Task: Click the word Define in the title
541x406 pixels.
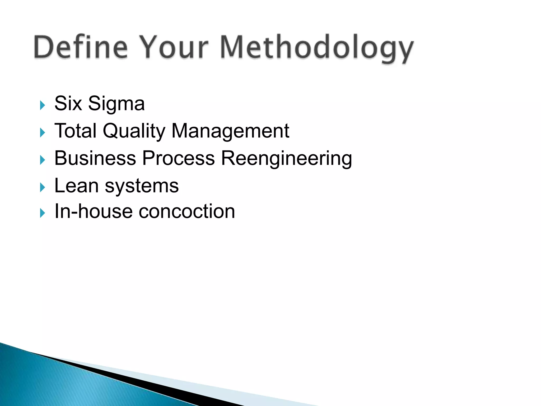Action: click(81, 47)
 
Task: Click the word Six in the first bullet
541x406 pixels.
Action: click(68, 103)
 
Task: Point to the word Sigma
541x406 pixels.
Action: click(116, 104)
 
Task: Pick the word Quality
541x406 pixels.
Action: click(134, 131)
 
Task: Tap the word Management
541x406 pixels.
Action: click(230, 131)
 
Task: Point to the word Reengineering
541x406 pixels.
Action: click(286, 159)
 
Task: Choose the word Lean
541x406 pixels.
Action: click(76, 186)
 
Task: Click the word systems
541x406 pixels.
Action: click(142, 187)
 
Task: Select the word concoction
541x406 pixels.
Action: click(187, 212)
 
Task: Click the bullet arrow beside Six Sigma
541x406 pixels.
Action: click(43, 105)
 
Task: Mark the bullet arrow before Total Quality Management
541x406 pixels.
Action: click(43, 132)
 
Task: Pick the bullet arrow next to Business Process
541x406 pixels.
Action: click(43, 160)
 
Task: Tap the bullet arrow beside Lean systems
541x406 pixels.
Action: click(43, 187)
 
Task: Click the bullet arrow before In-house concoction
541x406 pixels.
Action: click(43, 213)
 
